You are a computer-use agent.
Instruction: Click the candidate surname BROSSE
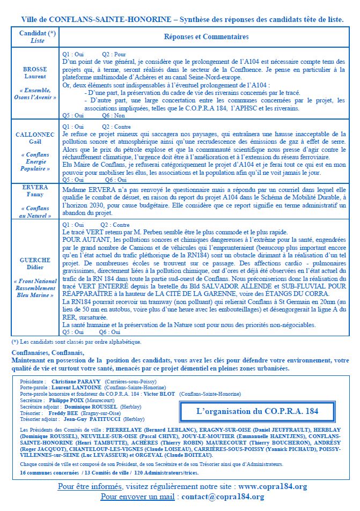(x=35, y=69)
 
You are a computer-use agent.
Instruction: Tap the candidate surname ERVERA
(x=35, y=188)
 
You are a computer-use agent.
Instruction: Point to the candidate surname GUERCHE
(x=35, y=260)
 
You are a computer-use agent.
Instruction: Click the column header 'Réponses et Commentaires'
(x=206, y=37)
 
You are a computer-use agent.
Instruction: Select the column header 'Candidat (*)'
(x=37, y=33)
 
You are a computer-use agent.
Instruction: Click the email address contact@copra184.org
(x=223, y=497)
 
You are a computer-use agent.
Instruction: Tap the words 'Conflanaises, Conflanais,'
(x=48, y=352)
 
